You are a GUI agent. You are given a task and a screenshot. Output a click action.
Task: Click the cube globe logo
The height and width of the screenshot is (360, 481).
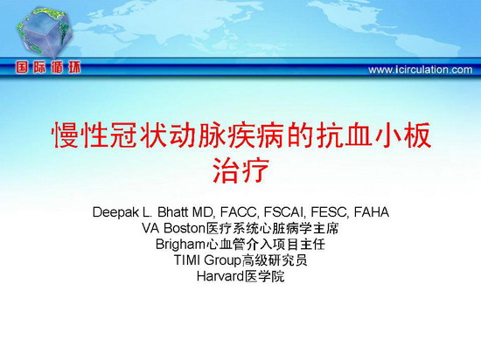[x=45, y=32]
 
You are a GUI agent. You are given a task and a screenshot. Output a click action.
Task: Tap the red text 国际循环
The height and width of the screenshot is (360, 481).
[x=48, y=67]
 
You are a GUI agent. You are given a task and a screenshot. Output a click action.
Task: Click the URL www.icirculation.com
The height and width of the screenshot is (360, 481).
[x=421, y=70]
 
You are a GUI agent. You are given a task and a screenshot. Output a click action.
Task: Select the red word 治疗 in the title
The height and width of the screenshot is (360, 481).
[x=240, y=170]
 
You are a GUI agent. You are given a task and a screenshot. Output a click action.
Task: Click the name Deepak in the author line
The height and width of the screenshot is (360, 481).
[x=115, y=212]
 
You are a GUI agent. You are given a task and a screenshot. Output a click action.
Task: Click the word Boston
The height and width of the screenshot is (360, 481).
[x=184, y=228]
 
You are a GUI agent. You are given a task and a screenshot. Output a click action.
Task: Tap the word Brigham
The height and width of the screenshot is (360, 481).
[x=180, y=245]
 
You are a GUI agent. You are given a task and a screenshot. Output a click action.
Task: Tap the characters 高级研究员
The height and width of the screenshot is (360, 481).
[x=275, y=260]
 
